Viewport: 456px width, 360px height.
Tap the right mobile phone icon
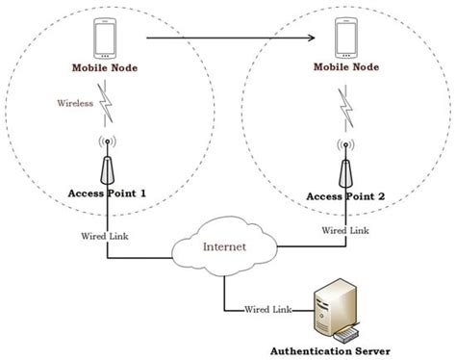click(x=342, y=39)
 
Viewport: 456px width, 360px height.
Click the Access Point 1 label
click(x=108, y=194)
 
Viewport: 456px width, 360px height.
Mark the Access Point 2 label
click(x=344, y=197)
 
